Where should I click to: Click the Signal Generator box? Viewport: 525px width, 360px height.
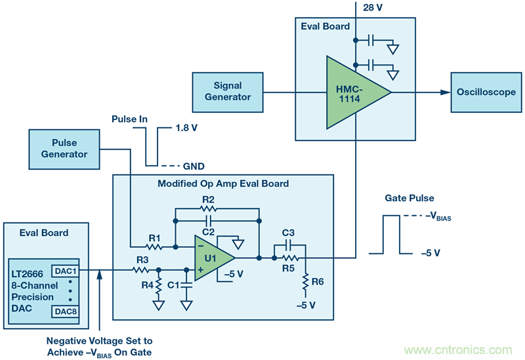[227, 91]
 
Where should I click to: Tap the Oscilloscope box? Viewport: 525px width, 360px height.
[486, 92]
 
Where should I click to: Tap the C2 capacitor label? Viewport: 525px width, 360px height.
[208, 231]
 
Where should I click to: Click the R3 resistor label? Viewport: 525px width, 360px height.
[140, 260]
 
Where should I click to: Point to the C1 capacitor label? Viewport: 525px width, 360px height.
[173, 285]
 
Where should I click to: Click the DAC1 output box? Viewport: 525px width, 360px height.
[66, 270]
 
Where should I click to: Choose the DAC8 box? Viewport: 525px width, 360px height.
[66, 311]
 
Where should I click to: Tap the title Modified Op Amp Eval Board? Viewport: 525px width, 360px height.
[223, 183]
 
